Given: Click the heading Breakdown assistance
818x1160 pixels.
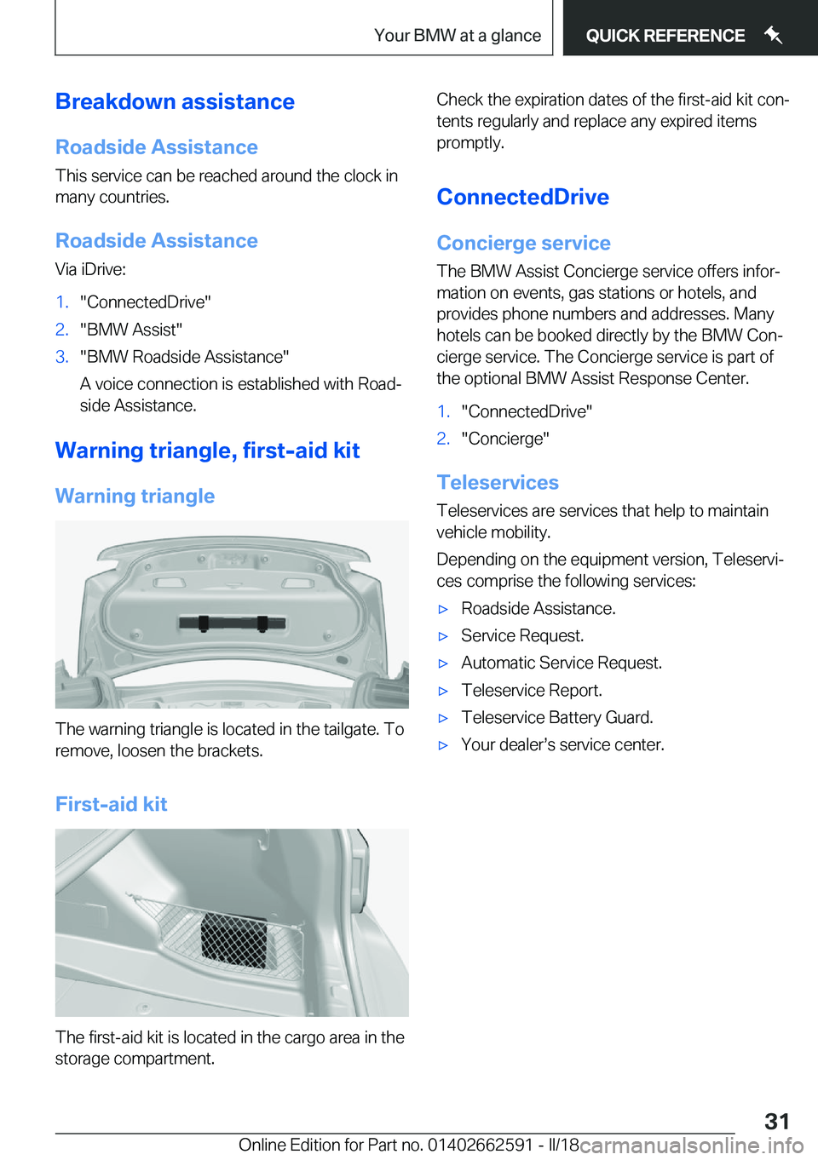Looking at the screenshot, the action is coord(175,102).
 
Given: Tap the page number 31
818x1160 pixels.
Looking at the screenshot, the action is coord(776,1121).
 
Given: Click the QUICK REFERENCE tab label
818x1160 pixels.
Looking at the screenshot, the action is coord(665,36).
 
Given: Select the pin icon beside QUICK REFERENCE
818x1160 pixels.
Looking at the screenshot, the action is coord(773,35).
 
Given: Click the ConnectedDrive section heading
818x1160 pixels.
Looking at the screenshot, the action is coord(522,198).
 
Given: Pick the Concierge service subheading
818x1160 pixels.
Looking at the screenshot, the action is coord(523,244).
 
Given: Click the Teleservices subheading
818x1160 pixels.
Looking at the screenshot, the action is coord(498,483).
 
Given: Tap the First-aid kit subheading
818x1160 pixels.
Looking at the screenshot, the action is coord(111,805).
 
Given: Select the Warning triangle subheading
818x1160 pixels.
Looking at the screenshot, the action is coord(135,497).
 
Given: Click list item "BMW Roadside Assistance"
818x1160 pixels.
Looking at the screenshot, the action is coord(184,357).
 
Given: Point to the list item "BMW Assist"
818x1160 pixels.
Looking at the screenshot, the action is coord(131,330).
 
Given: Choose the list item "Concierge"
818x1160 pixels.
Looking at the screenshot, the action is coord(505,439).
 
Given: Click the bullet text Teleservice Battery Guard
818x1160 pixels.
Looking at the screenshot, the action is coord(556,718).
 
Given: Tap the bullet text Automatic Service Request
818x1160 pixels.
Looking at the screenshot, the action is coord(561,663).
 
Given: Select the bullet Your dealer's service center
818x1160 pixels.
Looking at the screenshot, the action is coord(562,745).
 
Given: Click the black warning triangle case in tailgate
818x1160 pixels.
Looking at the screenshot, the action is coord(232,623).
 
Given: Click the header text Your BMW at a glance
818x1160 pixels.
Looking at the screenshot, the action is coord(458,36).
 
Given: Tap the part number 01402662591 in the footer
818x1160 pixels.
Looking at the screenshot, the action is coord(480,1145).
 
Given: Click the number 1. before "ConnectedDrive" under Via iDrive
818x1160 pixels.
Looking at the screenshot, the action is coord(61,302).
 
